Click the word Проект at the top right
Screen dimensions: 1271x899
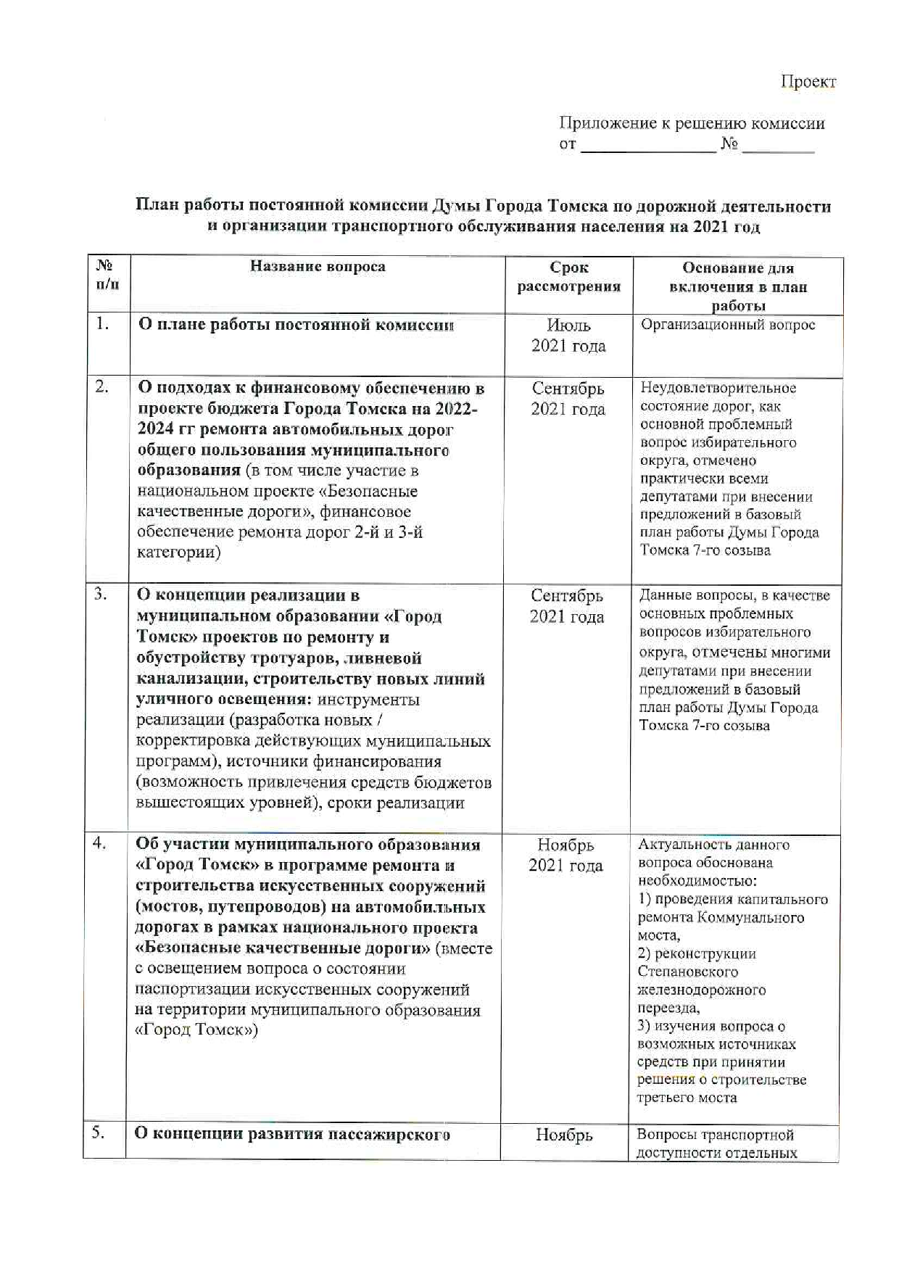[808, 81]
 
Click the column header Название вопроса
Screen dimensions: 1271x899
[318, 266]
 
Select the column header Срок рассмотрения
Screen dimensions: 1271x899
[568, 277]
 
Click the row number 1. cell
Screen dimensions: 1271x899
[103, 324]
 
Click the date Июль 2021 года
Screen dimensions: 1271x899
[568, 335]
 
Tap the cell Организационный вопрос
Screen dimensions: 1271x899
[727, 325]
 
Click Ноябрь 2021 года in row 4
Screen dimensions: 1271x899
[565, 855]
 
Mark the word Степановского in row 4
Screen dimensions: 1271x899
[687, 972]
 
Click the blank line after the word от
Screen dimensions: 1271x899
[648, 148]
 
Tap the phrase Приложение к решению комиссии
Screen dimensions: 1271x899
[692, 123]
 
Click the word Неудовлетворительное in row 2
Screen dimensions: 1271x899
[718, 388]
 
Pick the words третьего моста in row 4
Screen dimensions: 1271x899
[687, 1098]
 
